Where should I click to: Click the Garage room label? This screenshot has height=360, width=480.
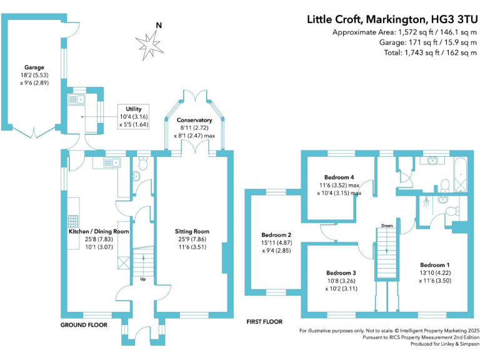(x=34, y=66)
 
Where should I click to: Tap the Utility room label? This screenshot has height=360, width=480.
(x=134, y=109)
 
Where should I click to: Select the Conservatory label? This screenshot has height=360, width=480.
(x=194, y=120)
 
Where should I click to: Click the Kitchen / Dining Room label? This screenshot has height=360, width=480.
(x=99, y=231)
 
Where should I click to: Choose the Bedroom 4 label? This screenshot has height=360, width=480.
(x=339, y=177)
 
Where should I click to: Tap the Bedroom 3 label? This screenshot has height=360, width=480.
(x=341, y=272)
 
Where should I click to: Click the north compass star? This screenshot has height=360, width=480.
(x=149, y=44)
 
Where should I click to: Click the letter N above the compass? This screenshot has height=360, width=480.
(x=159, y=26)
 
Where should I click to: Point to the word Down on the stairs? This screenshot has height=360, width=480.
(x=387, y=226)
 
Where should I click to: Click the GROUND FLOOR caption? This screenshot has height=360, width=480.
(x=84, y=325)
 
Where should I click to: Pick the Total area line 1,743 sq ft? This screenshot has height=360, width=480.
(x=431, y=53)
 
